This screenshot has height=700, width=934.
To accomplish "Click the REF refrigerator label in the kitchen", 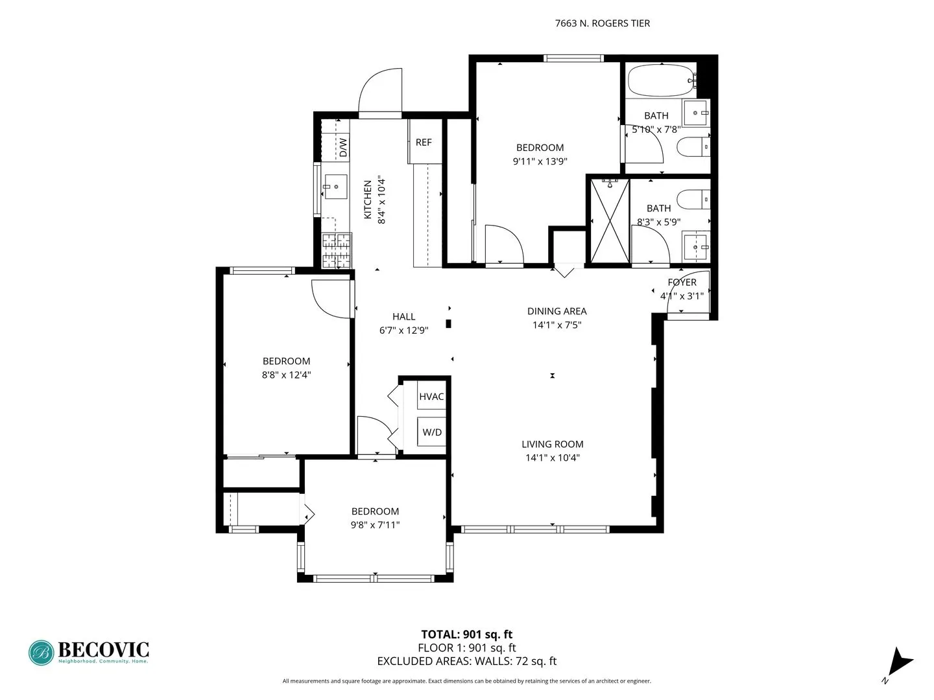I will (x=424, y=143).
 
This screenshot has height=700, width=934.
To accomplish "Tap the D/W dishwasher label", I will (x=343, y=147).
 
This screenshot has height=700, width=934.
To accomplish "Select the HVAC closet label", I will (x=431, y=397).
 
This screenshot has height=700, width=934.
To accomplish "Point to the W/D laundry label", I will (x=432, y=432).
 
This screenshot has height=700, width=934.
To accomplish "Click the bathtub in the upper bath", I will (x=660, y=80).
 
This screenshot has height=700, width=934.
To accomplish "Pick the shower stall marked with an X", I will (x=610, y=221).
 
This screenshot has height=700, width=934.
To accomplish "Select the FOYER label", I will (x=682, y=283).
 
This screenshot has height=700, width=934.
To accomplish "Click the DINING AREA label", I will (x=557, y=311).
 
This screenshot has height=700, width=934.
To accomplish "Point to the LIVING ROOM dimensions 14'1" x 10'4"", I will (x=553, y=458).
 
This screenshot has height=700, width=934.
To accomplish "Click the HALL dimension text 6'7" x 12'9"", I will (x=403, y=331).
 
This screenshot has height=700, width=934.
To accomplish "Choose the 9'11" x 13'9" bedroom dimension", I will (x=540, y=161).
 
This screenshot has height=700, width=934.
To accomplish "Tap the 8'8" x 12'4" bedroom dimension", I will (x=286, y=375).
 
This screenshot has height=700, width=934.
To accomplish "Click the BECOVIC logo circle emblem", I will (x=42, y=653).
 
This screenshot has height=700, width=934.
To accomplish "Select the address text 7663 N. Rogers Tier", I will (x=602, y=23).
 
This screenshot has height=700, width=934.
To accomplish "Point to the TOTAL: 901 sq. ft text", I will (x=467, y=635).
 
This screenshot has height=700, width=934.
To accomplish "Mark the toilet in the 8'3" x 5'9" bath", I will (x=692, y=198).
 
